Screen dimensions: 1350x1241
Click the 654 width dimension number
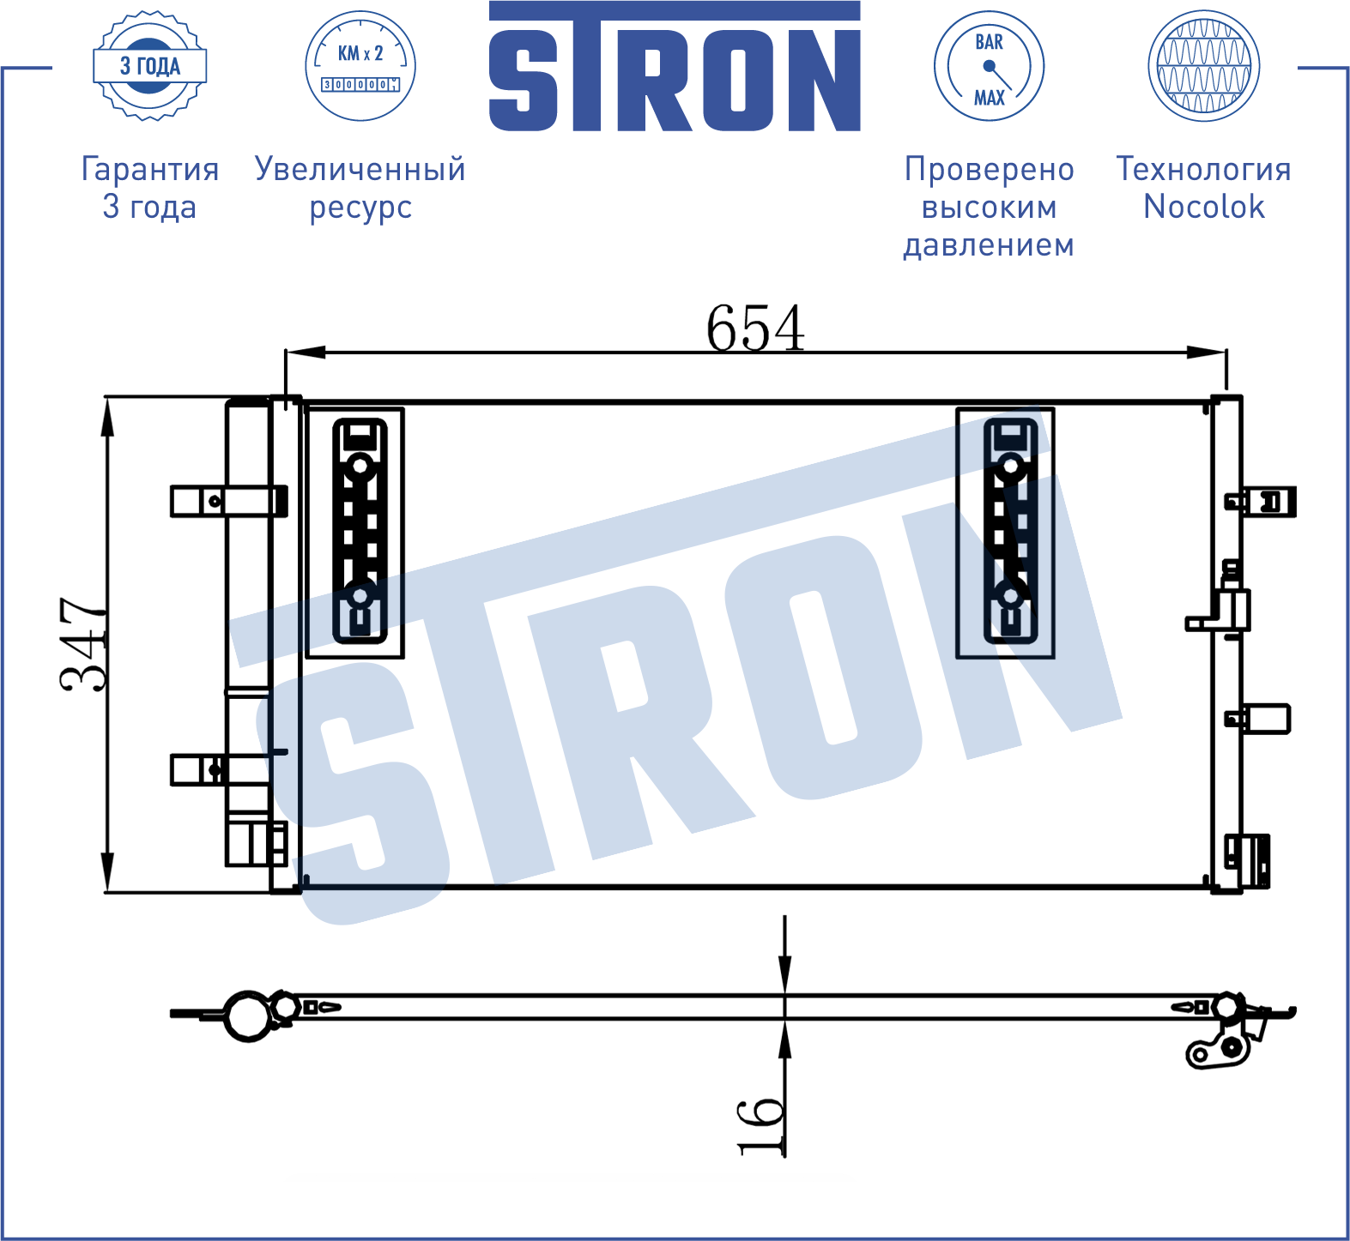click(755, 328)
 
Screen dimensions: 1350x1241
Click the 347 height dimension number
click(84, 644)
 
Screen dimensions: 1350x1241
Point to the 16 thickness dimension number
click(761, 1125)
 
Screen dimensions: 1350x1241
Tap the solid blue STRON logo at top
click(675, 66)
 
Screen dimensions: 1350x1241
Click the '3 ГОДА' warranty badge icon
click(150, 66)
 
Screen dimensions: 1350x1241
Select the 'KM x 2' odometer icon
click(360, 66)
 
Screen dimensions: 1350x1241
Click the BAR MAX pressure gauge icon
click(989, 66)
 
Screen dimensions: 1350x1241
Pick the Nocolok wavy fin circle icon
click(1203, 66)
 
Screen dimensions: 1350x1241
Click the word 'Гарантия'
click(150, 169)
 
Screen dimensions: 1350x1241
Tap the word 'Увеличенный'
click(360, 169)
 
